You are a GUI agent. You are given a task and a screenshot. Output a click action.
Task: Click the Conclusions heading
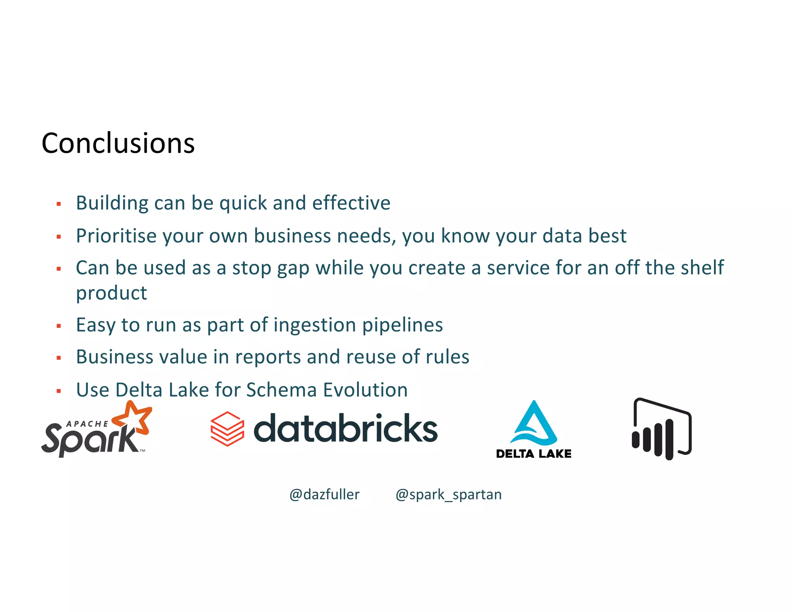(118, 143)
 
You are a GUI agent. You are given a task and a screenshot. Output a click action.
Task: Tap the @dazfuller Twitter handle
(324, 494)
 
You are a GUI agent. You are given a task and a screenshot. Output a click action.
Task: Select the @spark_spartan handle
(448, 494)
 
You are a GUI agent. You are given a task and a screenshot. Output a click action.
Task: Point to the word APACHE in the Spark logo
(87, 424)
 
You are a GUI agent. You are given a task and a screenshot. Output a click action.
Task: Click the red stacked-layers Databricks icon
(227, 429)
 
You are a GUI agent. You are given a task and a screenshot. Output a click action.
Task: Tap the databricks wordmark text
(345, 429)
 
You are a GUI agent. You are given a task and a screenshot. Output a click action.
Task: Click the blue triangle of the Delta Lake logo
(534, 424)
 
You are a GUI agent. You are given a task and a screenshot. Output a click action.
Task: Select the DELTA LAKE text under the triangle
(533, 454)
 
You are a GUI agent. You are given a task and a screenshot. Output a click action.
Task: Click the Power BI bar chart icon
(662, 429)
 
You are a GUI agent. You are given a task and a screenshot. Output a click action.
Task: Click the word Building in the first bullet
(112, 203)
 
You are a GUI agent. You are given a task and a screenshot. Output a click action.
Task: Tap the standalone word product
(111, 293)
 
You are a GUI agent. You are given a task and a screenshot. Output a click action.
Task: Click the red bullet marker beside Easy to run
(59, 326)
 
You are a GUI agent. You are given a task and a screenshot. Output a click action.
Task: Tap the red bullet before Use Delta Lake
(59, 391)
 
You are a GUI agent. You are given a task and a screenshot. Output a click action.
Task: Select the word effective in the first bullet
(351, 203)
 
